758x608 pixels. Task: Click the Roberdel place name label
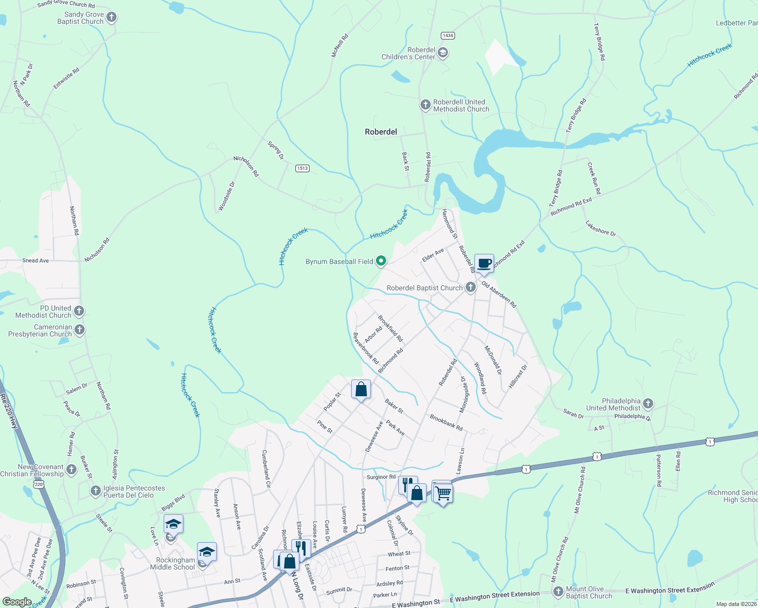coord(381,132)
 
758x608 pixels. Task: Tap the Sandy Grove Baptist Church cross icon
coord(111,18)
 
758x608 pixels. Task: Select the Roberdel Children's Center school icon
coord(443,53)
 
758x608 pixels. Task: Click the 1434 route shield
coord(448,35)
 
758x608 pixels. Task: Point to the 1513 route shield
coord(302,168)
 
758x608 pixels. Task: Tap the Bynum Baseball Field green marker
coord(381,261)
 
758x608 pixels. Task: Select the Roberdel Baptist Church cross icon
coord(471,287)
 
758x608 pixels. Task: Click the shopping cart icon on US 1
coord(443,492)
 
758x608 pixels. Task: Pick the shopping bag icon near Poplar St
coord(361,390)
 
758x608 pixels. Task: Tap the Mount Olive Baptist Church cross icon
coord(558,592)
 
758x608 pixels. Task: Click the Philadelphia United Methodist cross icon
coord(648,404)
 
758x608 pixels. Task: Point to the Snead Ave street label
coord(35,260)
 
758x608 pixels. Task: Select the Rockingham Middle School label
coord(172,563)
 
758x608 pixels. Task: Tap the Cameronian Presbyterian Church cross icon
coord(80,330)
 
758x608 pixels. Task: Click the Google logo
coord(17,602)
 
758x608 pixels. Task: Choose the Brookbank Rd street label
coord(446,423)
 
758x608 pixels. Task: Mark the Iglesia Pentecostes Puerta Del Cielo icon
coord(96,491)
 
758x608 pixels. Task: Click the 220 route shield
coord(39,484)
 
